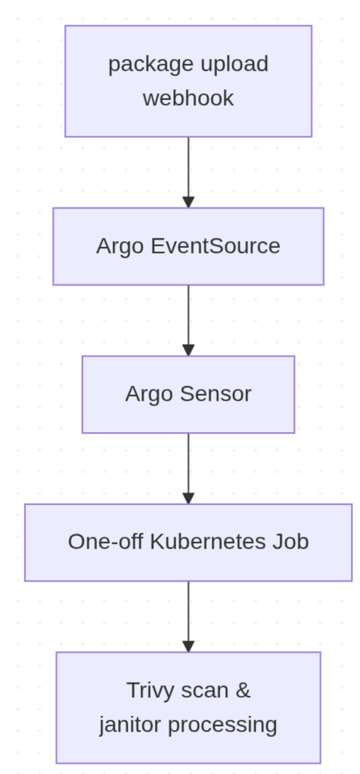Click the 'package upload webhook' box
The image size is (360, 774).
click(188, 81)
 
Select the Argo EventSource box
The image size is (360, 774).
click(188, 246)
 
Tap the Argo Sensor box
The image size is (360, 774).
click(188, 395)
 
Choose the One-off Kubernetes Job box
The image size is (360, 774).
click(188, 543)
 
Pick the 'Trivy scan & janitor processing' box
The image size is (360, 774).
click(188, 707)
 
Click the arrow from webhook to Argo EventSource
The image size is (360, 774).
click(188, 172)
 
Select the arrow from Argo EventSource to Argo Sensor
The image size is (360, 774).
click(188, 320)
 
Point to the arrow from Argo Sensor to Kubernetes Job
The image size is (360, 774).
click(188, 469)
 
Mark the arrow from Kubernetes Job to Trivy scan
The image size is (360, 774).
click(188, 617)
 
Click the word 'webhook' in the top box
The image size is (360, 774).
click(188, 98)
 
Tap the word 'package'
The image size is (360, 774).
click(151, 65)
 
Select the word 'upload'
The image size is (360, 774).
click(234, 65)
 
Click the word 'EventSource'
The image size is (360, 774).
click(216, 246)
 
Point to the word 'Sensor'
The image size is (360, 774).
click(216, 394)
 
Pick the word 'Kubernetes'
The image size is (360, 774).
click(207, 542)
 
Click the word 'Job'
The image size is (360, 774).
click(290, 542)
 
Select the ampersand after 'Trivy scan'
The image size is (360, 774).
click(243, 690)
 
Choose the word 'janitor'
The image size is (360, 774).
click(130, 725)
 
